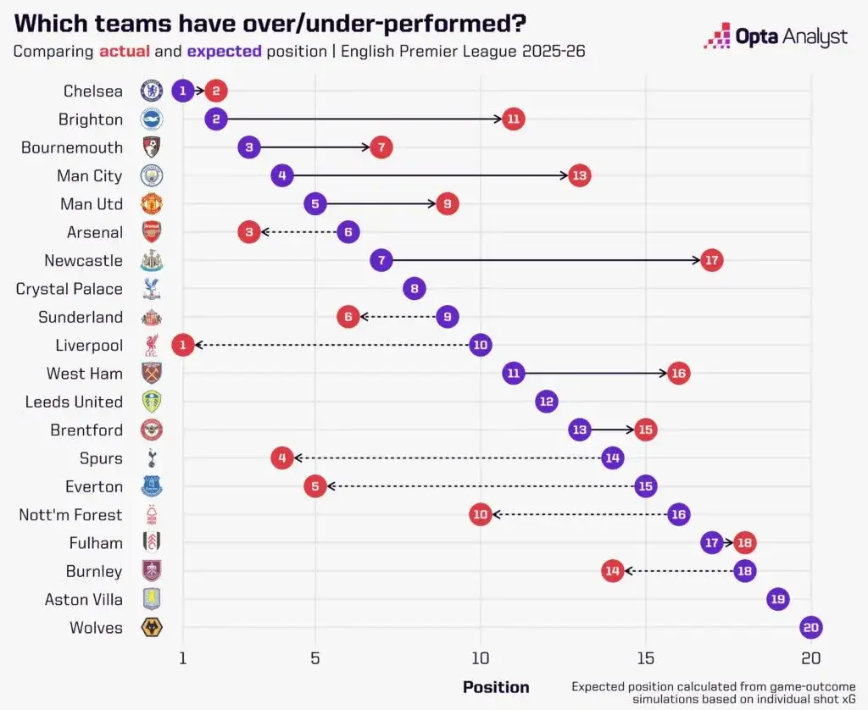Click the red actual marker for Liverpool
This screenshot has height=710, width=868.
[182, 345]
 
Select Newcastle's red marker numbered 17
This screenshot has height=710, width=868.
[712, 260]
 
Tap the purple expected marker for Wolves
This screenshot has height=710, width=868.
[811, 628]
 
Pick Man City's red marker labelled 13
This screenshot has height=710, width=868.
[580, 175]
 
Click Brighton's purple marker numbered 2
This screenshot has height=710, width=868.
[216, 119]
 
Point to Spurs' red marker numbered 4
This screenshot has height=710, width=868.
[282, 458]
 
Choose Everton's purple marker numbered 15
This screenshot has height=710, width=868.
[646, 486]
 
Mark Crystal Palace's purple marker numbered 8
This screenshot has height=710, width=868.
[415, 289]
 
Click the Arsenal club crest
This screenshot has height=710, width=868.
[151, 232]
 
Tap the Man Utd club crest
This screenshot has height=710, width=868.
[151, 204]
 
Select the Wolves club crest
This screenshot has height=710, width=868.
[151, 628]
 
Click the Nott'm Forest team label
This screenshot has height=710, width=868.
[70, 515]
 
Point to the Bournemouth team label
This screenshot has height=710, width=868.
[72, 147]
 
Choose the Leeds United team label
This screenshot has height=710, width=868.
[74, 402]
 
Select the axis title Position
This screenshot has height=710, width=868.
[496, 687]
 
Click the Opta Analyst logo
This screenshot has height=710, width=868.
[776, 36]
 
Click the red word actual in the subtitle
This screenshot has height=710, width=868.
[125, 52]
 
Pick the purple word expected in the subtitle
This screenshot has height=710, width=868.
[224, 52]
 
